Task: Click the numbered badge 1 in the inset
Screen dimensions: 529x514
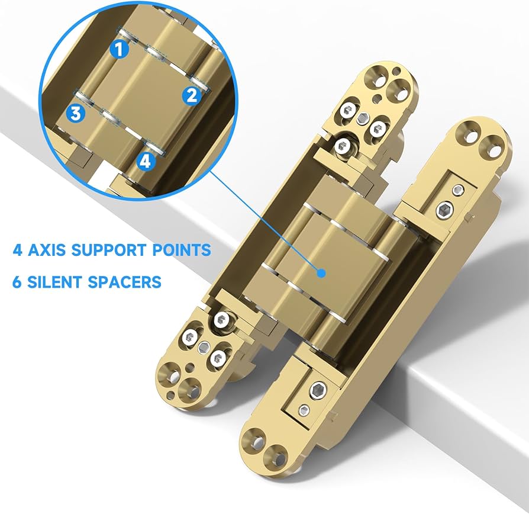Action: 120,49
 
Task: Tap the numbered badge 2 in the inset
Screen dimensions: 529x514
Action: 192,95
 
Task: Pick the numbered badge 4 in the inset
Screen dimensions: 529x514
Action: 146,161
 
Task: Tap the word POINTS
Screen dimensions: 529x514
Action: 182,250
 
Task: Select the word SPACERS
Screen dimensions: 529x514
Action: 124,282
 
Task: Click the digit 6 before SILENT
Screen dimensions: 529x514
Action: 17,282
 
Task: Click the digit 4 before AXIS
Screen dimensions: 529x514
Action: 18,250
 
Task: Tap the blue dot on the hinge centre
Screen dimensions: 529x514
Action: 322,273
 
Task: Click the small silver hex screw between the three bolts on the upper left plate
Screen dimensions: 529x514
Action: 363,118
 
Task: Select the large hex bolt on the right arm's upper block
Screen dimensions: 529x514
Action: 443,211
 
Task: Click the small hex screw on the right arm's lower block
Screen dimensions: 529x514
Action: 304,410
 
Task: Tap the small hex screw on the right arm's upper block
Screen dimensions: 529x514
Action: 458,190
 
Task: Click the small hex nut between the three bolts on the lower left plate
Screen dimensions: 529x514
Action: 204,347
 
